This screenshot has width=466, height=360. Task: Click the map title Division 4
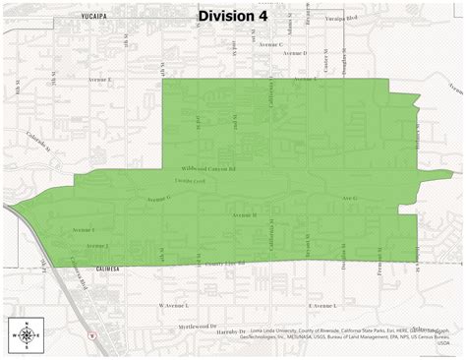coord(232,16)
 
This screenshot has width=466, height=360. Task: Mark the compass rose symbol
coord(25,335)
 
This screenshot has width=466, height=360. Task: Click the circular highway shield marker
coord(92,334)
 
